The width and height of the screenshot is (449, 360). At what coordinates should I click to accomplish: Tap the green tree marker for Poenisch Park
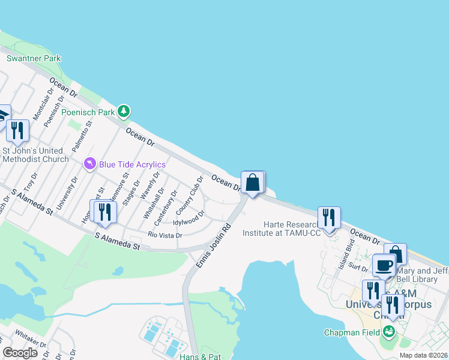pos(124,111)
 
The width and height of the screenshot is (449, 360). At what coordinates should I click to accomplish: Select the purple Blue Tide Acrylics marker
pos(90,163)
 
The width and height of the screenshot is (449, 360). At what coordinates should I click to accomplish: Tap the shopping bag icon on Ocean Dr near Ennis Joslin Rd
pos(253,182)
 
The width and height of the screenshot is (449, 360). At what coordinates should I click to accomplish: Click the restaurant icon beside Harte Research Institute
pos(328,217)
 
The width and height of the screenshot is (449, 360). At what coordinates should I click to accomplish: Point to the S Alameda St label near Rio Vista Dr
pos(117,242)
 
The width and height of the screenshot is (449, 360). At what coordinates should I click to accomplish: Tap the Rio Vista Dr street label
pos(165,235)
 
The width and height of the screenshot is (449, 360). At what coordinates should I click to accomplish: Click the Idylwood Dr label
pos(189,222)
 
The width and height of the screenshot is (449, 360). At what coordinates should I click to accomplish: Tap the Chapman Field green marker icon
pos(388,331)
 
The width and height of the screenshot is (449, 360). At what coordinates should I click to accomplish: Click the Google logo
pos(20,353)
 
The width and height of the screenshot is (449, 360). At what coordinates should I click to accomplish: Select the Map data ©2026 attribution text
pos(423,355)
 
